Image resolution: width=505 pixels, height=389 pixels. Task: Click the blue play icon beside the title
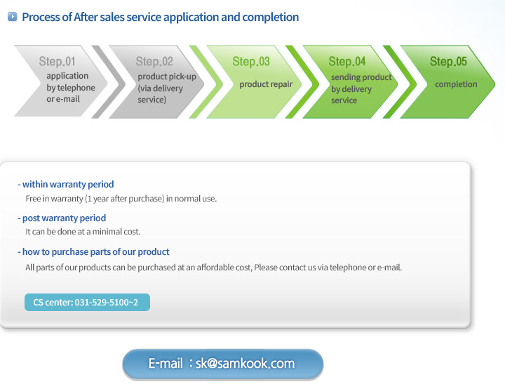pos(12,16)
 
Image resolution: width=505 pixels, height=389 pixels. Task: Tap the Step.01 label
pos(57,61)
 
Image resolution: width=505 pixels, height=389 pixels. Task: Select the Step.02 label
pos(154,61)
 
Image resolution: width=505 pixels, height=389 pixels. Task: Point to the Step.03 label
pos(251,61)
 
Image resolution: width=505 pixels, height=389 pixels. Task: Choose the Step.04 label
pos(347,61)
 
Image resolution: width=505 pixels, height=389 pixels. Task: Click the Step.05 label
pos(448,61)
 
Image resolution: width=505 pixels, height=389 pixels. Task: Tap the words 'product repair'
pos(266,84)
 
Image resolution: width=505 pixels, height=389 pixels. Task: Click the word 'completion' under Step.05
pos(456,84)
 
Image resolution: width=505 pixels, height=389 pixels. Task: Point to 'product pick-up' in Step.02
pos(167,77)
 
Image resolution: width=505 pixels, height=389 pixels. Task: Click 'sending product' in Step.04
pos(361,77)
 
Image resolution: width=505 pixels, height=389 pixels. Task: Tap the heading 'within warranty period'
pos(66,184)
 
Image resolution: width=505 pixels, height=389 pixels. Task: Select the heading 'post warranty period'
pos(62,218)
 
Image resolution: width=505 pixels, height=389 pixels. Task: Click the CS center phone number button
pos(87,302)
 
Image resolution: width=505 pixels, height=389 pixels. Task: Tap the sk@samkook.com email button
pos(223,364)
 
